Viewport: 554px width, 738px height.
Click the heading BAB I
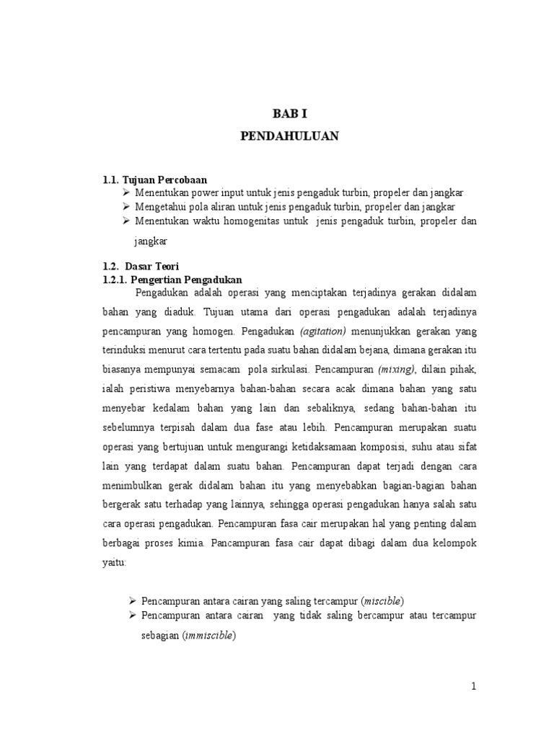click(x=289, y=113)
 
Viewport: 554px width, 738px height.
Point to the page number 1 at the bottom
click(x=474, y=687)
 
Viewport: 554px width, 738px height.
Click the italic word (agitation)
click(x=323, y=332)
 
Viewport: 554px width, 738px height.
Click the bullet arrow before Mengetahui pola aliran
click(x=126, y=207)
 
